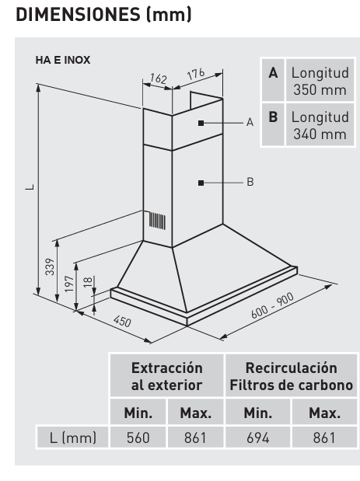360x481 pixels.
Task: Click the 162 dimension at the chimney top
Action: pos(159,78)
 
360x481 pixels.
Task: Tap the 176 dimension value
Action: pos(196,74)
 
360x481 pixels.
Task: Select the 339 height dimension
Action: pos(50,267)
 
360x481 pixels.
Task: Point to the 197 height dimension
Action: pos(69,284)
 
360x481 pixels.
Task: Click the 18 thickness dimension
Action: pos(88,281)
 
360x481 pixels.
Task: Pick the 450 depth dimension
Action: pos(122,321)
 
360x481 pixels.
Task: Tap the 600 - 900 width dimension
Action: pos(272,306)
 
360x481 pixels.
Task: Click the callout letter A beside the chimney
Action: pos(250,123)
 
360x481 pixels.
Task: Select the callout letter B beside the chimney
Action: pos(250,182)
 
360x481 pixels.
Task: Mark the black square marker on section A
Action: pos(201,123)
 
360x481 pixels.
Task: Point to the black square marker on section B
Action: pos(201,183)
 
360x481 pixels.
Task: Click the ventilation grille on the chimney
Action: pos(157,221)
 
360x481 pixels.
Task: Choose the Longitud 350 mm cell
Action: pos(320,81)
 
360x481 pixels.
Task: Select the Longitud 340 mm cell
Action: pos(320,125)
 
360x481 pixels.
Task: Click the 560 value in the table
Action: pos(138,437)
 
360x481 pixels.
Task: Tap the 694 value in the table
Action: pos(258,437)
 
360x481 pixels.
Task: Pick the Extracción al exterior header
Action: pos(166,376)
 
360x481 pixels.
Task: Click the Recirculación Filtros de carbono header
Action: pos(292,376)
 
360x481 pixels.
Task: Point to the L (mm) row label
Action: pos(73,437)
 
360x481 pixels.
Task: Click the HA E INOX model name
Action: pos(63,60)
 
